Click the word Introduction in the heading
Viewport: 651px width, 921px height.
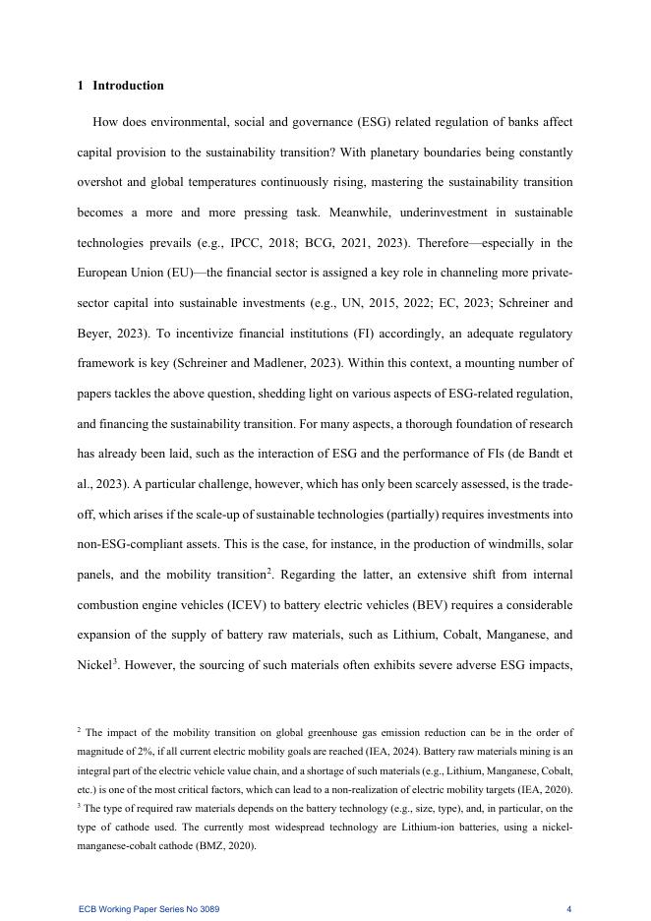pos(128,86)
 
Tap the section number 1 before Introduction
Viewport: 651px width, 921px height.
pos(80,86)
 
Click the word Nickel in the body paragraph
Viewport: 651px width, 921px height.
pos(93,665)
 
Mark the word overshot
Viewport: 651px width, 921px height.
pos(102,183)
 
